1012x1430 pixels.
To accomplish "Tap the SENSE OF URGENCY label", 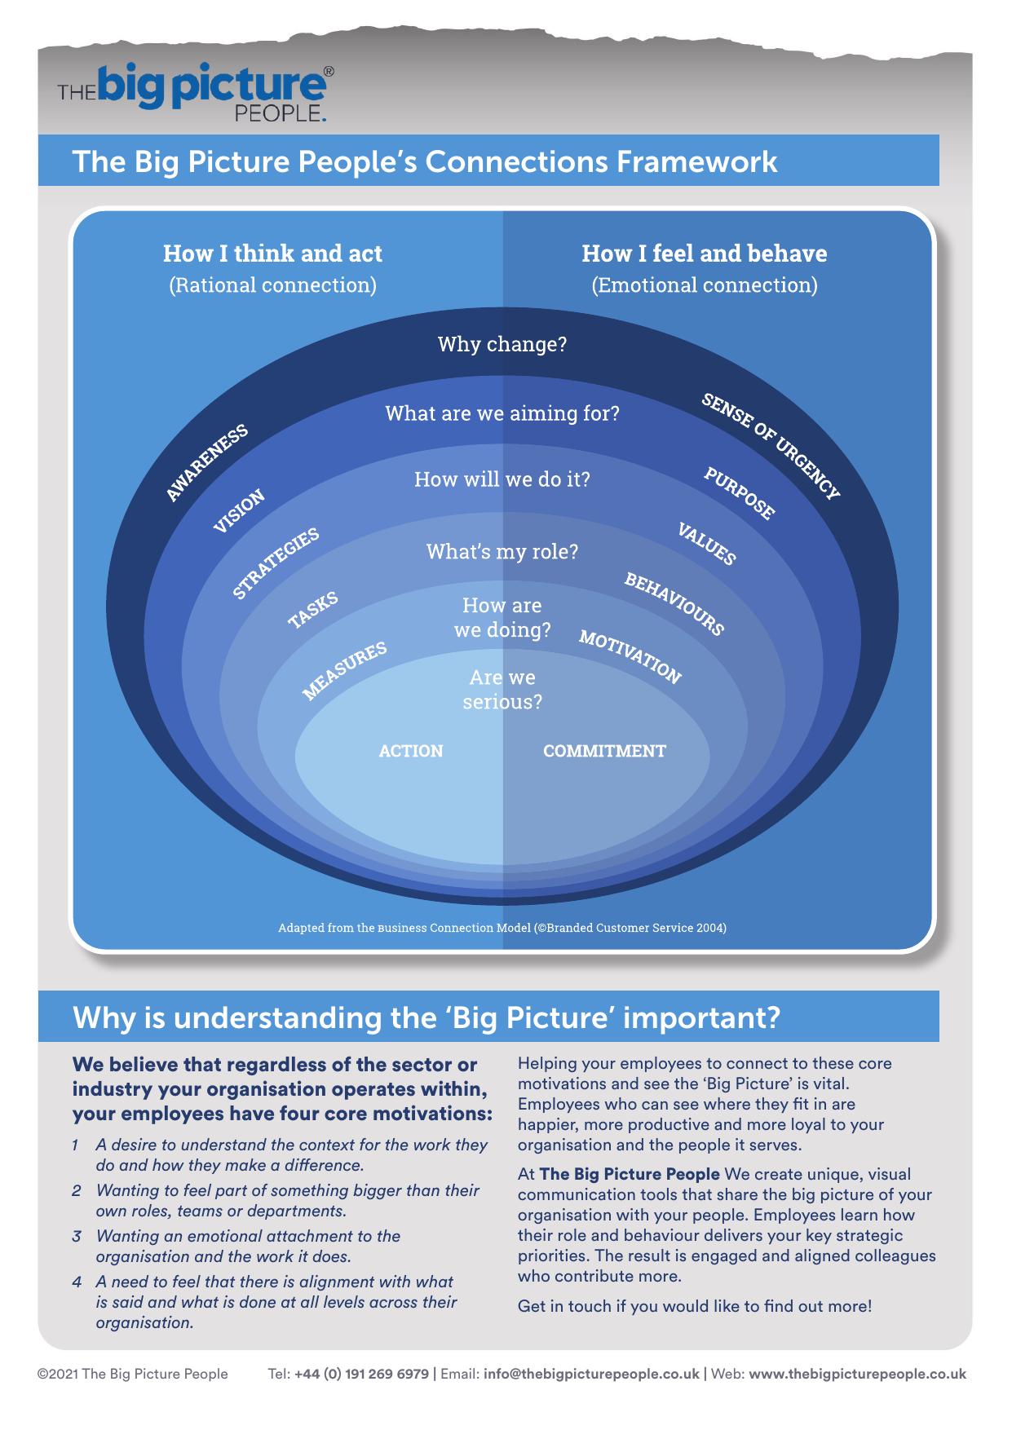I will coord(770,446).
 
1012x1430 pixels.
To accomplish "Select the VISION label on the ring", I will coord(239,511).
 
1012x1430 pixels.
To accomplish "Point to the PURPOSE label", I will coord(739,493).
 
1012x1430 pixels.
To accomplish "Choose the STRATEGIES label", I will coord(276,563).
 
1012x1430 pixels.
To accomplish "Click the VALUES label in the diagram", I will coord(706,544).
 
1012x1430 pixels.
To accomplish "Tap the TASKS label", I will coord(312,610).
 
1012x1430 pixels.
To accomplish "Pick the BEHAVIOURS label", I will coord(674,603).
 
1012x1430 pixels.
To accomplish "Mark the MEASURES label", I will coord(344,670).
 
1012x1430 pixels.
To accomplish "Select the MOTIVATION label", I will coord(630,656).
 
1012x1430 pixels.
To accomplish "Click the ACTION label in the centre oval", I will coord(411,751).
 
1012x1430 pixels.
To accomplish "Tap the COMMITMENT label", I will coord(604,751).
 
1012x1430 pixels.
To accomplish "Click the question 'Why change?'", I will coord(502,344).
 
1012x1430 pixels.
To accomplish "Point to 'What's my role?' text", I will coord(502,552).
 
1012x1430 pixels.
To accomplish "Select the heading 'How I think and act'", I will coord(272,254).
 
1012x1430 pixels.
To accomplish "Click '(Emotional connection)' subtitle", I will coord(704,285).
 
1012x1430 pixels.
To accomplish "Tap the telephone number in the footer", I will coord(361,1374).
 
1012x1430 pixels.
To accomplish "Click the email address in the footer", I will coord(591,1374).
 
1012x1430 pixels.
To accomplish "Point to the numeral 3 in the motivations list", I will coord(76,1236).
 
